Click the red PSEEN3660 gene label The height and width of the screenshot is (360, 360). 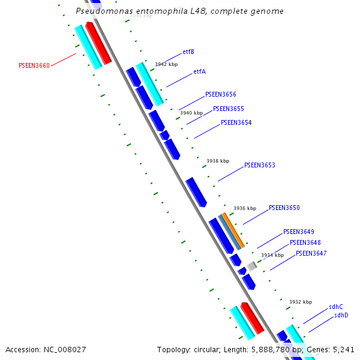(x=34, y=65)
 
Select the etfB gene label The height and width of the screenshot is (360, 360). (x=188, y=52)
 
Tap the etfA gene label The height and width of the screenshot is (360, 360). (x=199, y=71)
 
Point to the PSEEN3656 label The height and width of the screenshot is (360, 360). (x=220, y=94)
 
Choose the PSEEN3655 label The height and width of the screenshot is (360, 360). (x=228, y=109)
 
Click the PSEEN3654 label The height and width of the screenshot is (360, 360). (x=236, y=122)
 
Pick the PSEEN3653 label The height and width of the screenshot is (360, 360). (x=259, y=165)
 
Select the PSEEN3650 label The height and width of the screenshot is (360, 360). (x=284, y=208)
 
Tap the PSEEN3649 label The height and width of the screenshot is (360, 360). (x=298, y=232)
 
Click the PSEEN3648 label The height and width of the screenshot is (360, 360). (x=305, y=242)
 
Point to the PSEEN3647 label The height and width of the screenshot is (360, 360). (x=311, y=253)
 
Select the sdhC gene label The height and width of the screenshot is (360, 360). (x=335, y=307)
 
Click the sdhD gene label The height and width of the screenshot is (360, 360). (x=341, y=315)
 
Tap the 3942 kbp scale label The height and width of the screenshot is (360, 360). (x=166, y=64)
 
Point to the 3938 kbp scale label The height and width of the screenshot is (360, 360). (x=218, y=161)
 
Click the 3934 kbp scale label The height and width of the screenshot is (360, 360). (x=272, y=255)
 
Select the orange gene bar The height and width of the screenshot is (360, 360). (x=233, y=230)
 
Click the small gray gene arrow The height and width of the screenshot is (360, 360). (x=252, y=265)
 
